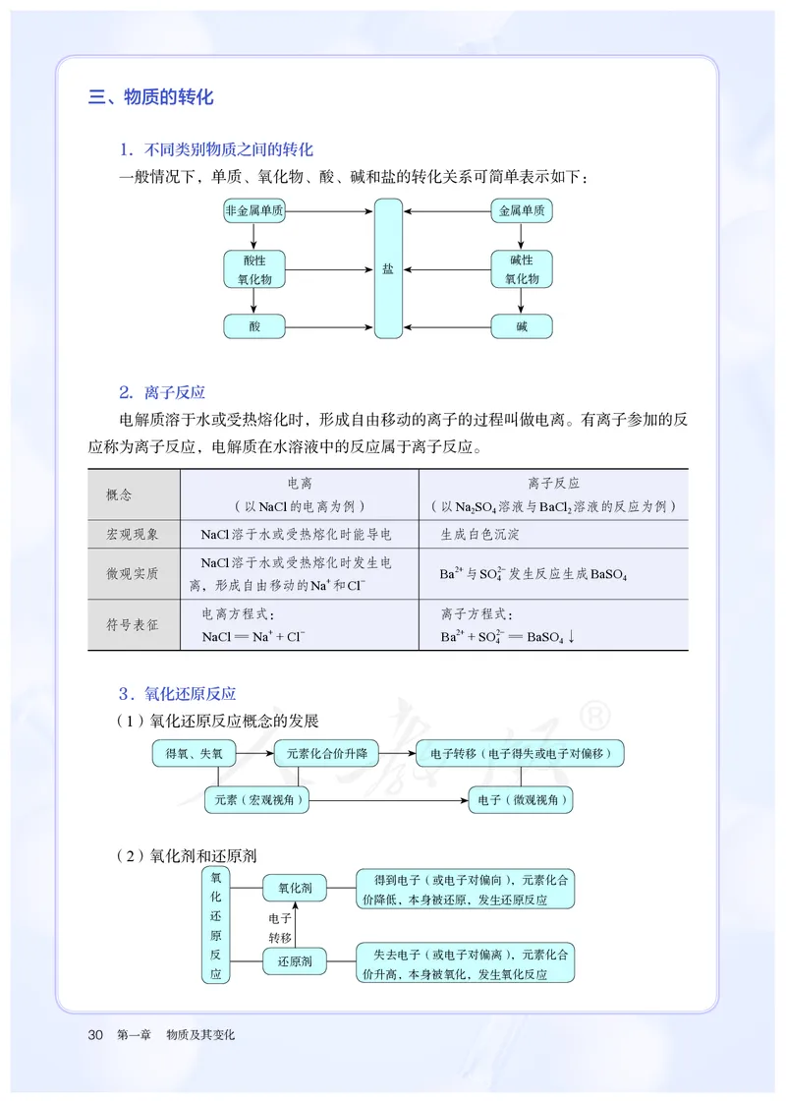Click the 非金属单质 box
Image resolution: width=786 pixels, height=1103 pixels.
pos(254,211)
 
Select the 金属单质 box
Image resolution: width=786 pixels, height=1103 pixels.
pos(522,211)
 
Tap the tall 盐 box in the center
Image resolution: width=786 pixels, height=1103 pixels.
pos(388,268)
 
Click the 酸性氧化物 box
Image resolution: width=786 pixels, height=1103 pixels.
pos(254,269)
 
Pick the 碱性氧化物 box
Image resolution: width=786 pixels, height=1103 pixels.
pos(522,269)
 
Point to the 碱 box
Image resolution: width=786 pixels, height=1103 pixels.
pos(522,326)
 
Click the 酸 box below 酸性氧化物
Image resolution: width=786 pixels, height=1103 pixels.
pos(254,326)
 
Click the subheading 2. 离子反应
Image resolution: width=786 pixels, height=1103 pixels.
pos(161,392)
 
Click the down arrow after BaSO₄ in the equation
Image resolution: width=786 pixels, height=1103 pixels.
pos(571,636)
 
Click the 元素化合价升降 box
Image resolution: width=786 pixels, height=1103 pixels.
pos(326,754)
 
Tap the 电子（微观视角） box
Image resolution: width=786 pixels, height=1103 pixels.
pos(522,800)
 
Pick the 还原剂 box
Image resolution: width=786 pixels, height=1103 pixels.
pos(295,960)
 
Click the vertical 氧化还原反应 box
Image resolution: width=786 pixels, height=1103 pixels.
pos(216,925)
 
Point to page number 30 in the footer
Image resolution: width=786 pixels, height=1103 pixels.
pos(95,1034)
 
